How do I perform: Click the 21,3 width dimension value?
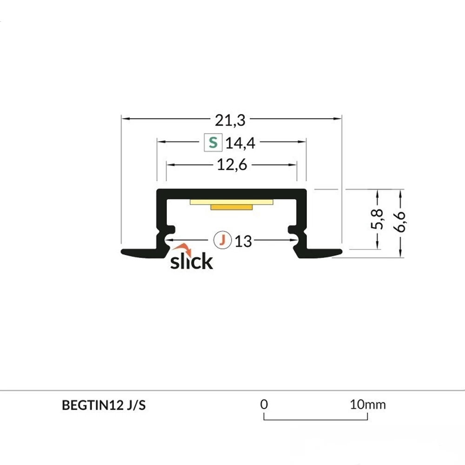pos(230,120)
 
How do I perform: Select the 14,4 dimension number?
pos(240,143)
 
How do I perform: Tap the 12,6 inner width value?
pos(232,165)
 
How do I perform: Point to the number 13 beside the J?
pos(243,241)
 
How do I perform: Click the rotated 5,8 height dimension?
pos(377,219)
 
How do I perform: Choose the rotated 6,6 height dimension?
pos(400,221)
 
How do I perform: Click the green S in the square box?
pos(213,143)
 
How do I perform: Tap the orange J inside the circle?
pos(222,239)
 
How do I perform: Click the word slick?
pos(192,261)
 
